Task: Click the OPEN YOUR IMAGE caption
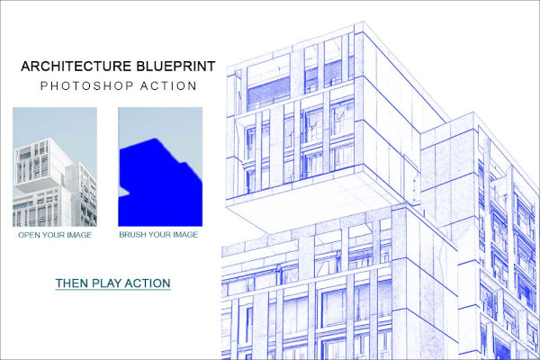54,235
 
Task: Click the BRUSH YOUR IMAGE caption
158,235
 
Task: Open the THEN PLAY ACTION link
112,283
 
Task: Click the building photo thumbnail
54,166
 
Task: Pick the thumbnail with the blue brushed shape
159,166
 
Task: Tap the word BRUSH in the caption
133,235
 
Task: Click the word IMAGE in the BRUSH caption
184,235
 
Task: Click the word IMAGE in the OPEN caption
79,235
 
